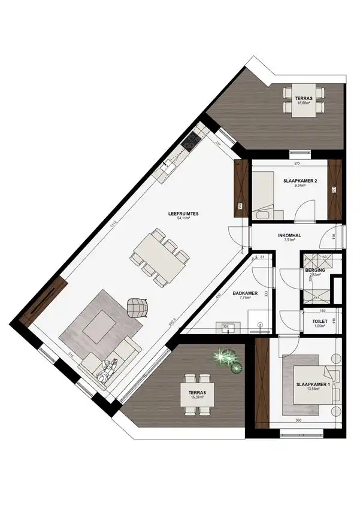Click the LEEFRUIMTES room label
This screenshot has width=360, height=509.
pyautogui.click(x=179, y=213)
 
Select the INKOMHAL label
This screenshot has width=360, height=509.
pyautogui.click(x=289, y=235)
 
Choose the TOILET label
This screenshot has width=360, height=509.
pyautogui.click(x=319, y=321)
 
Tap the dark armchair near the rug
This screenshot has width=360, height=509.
pyautogui.click(x=138, y=307)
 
